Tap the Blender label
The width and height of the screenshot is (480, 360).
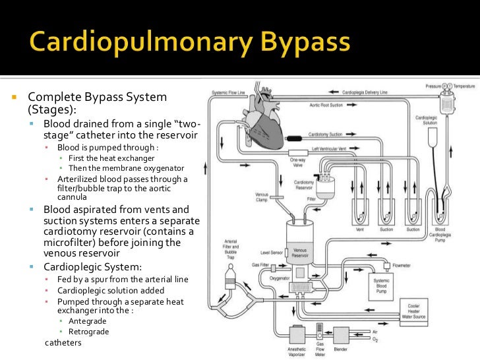341,349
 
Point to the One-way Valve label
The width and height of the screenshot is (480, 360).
297,163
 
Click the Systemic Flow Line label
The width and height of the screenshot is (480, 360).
226,92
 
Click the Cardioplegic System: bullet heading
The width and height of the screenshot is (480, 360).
92,267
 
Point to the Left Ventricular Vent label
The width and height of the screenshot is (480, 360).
334,149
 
